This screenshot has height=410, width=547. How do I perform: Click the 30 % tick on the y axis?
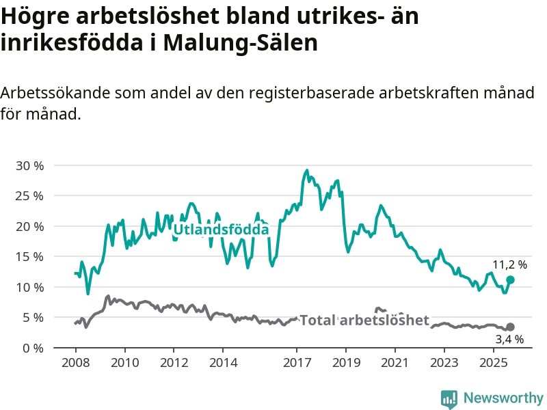pyautogui.click(x=29, y=165)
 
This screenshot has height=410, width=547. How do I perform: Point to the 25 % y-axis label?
pyautogui.click(x=29, y=195)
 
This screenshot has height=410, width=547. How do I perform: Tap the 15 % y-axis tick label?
pyautogui.click(x=29, y=256)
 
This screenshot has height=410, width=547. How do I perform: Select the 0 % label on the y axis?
pyautogui.click(x=31, y=348)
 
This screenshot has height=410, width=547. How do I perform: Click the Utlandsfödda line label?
pyautogui.click(x=221, y=230)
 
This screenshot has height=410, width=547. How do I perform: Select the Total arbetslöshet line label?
pyautogui.click(x=364, y=320)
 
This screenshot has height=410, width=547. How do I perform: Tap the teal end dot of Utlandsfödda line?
pyautogui.click(x=510, y=279)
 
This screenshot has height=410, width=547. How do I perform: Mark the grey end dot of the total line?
pyautogui.click(x=510, y=327)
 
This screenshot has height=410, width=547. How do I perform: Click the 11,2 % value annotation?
pyautogui.click(x=510, y=264)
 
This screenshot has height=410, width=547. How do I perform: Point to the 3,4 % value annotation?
pyautogui.click(x=510, y=339)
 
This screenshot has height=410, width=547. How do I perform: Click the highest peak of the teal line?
pyautogui.click(x=307, y=171)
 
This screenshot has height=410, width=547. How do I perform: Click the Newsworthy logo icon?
pyautogui.click(x=449, y=398)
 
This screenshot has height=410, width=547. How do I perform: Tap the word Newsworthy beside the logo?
pyautogui.click(x=503, y=398)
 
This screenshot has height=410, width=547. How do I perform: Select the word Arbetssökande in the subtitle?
pyautogui.click(x=55, y=94)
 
